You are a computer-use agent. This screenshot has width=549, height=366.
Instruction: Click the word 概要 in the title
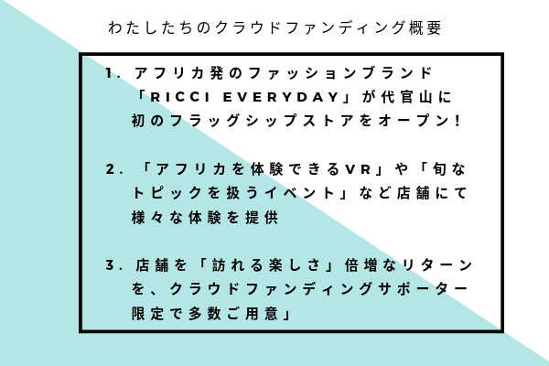[425, 27]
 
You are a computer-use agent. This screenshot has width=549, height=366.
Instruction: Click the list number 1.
[110, 73]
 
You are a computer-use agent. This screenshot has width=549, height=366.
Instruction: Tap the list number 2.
[111, 169]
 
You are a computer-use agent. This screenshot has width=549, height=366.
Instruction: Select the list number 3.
[111, 265]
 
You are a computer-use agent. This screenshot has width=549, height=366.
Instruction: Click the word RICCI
[180, 97]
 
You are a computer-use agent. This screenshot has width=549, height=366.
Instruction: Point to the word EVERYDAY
[281, 97]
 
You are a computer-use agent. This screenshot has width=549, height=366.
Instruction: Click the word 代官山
[406, 97]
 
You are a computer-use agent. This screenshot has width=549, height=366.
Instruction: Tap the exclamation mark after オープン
[457, 121]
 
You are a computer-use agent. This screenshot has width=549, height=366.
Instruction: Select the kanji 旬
[439, 169]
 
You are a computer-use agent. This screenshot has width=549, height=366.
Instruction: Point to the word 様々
[147, 217]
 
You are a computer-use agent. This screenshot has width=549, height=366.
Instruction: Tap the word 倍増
[361, 265]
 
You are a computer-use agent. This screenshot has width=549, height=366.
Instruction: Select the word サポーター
[423, 289]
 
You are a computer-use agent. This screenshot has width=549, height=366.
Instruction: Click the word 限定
[147, 313]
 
